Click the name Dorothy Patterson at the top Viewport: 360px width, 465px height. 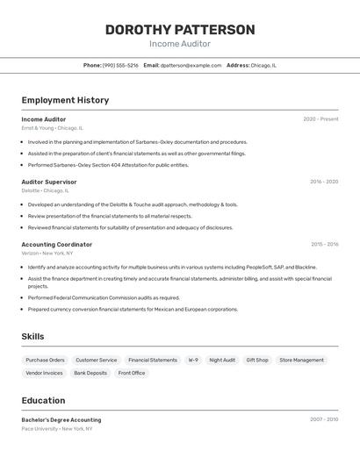pos(180,30)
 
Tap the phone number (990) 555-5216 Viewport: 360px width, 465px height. pos(120,65)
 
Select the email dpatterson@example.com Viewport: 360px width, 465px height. pos(190,65)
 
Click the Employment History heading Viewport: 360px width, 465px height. pos(65,100)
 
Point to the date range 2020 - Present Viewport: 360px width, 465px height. pos(320,119)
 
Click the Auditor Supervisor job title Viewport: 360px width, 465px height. pos(49,182)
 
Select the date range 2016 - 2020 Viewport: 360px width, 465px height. pos(323,182)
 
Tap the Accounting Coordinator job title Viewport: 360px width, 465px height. pos(57,245)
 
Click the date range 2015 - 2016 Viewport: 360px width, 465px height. pos(324,245)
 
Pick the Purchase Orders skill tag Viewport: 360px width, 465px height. pos(45,360)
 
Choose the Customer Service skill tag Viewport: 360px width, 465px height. pos(96,360)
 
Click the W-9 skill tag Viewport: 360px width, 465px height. pos(192,360)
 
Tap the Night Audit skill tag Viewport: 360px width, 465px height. pos(222,360)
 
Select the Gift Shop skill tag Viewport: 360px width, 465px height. pos(257,360)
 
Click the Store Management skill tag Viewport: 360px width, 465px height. pos(301,360)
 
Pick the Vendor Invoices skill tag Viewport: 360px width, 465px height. pos(44,373)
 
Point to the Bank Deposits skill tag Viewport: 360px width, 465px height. pos(90,373)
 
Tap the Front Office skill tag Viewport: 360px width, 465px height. pos(132,373)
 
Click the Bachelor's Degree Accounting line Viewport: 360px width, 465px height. pos(61,419)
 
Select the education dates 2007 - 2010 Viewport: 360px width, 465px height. pos(323,419)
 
